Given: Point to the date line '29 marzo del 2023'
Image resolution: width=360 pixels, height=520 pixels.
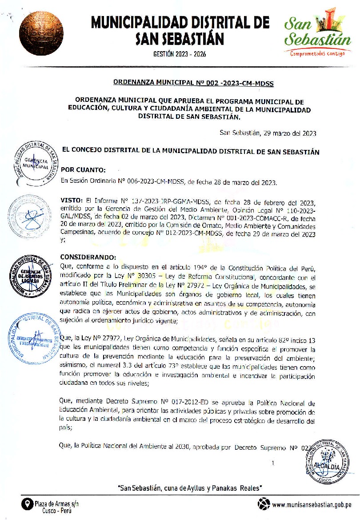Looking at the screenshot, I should click(x=268, y=133).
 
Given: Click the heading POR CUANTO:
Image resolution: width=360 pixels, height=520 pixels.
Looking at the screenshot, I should click(x=83, y=169).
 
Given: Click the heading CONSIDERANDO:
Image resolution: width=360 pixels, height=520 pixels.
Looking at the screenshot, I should click(x=88, y=258).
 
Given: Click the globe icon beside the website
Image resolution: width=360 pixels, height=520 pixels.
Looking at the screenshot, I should click(x=264, y=504).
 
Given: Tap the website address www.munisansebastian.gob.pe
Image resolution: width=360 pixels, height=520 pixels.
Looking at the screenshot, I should click(x=312, y=504).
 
